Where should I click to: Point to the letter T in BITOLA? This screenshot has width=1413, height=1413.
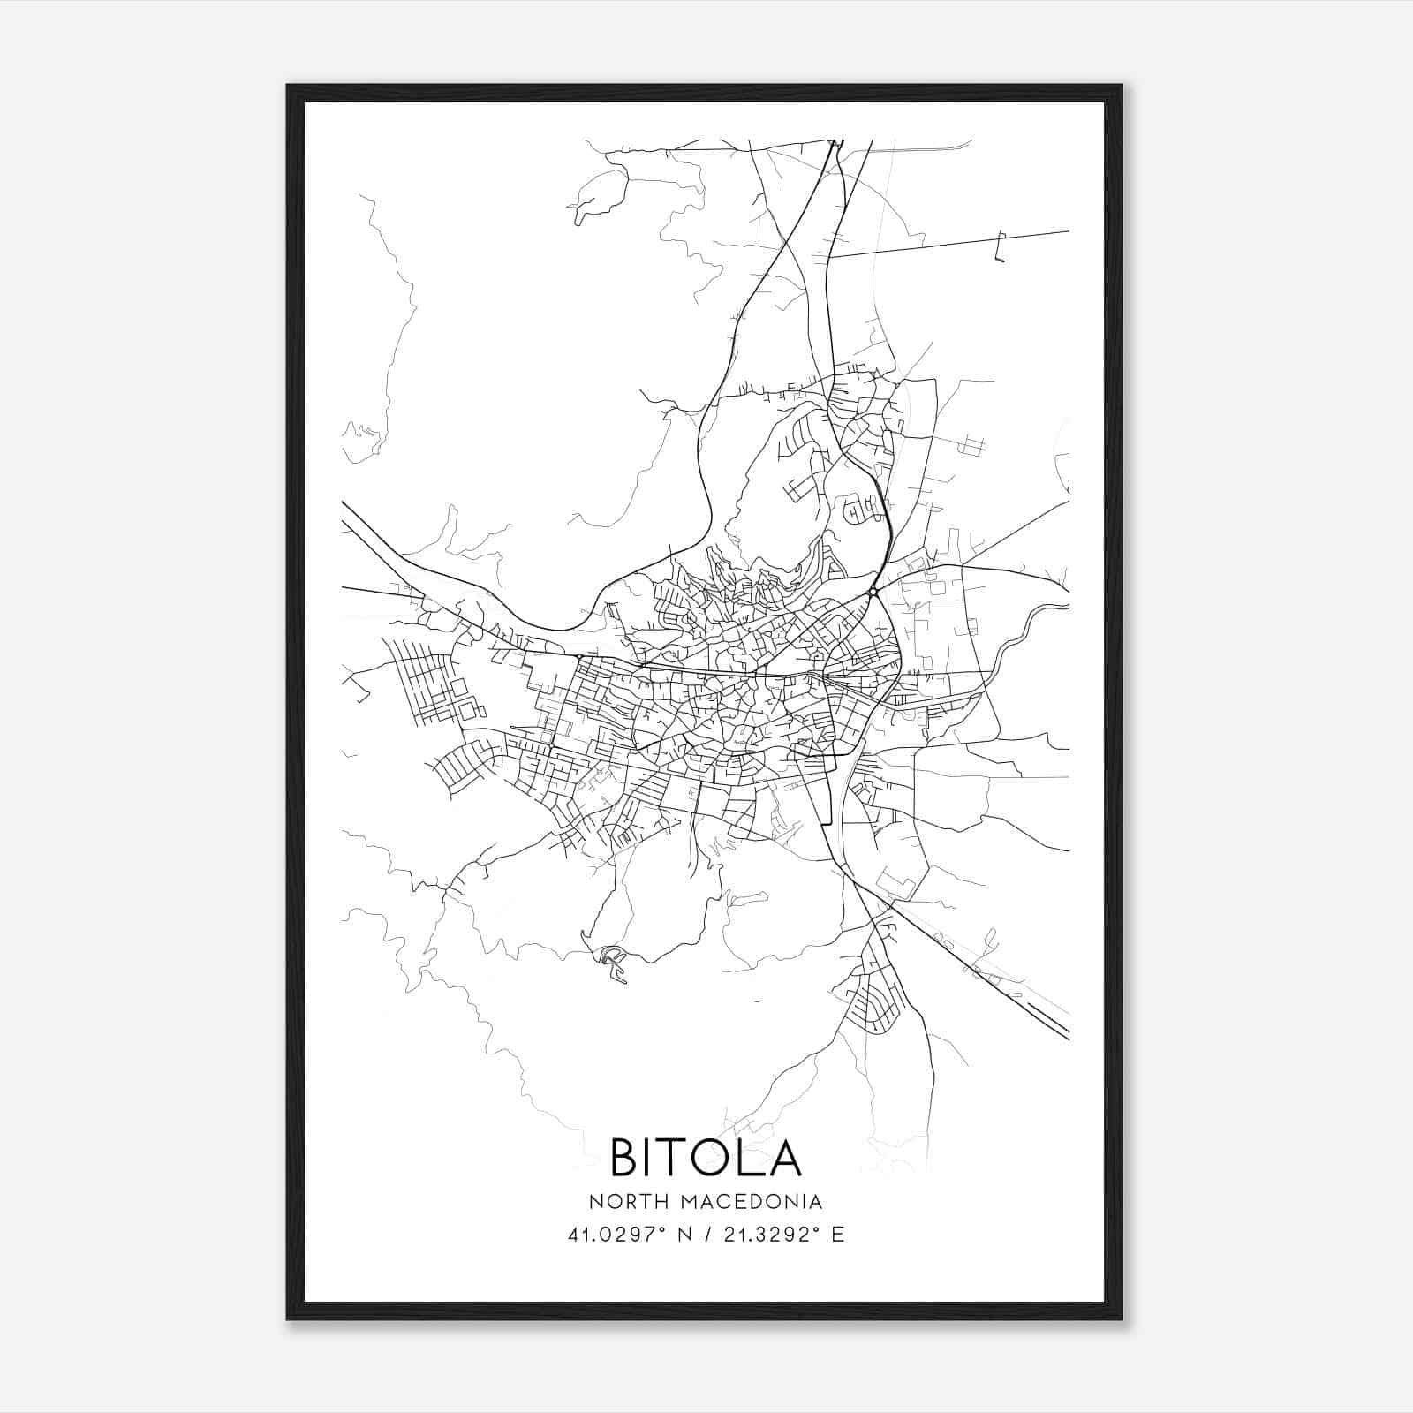point(670,1157)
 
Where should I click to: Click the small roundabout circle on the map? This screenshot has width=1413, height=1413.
point(873,592)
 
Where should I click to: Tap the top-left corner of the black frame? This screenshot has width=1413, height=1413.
point(288,86)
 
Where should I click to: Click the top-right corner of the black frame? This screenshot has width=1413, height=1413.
point(1122,86)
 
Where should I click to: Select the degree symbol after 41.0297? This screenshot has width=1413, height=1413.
point(664,1229)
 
